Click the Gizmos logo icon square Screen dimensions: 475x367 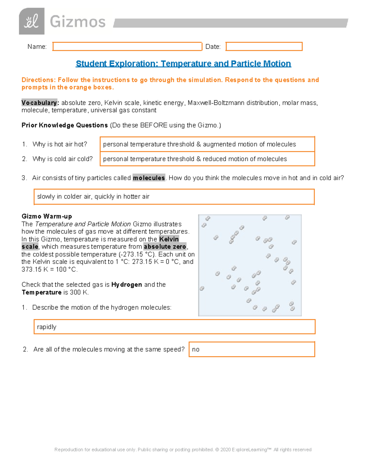click(32, 21)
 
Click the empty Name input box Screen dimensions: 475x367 click(127, 46)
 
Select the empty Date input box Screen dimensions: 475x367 click(264, 46)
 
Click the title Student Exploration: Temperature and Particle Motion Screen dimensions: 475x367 click(183, 64)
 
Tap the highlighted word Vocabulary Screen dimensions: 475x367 click(39, 103)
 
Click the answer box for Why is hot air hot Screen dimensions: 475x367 click(207, 144)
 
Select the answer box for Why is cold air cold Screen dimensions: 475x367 click(207, 159)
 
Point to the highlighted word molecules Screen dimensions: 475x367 click(149, 178)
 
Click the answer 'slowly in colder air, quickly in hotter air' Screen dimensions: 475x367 click(93, 197)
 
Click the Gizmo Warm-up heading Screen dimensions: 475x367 click(47, 217)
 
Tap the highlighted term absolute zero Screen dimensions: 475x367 click(165, 247)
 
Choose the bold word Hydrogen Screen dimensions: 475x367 click(127, 285)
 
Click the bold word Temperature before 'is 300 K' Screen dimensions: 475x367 click(42, 292)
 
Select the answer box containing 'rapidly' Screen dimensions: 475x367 click(174, 327)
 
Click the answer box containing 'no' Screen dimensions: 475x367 click(252, 349)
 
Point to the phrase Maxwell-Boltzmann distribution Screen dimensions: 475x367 click(233, 103)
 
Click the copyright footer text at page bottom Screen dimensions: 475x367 click(183, 450)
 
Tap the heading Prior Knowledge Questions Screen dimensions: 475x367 click(65, 125)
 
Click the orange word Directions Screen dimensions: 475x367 click(38, 80)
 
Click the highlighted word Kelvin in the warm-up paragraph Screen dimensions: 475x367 click(169, 239)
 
